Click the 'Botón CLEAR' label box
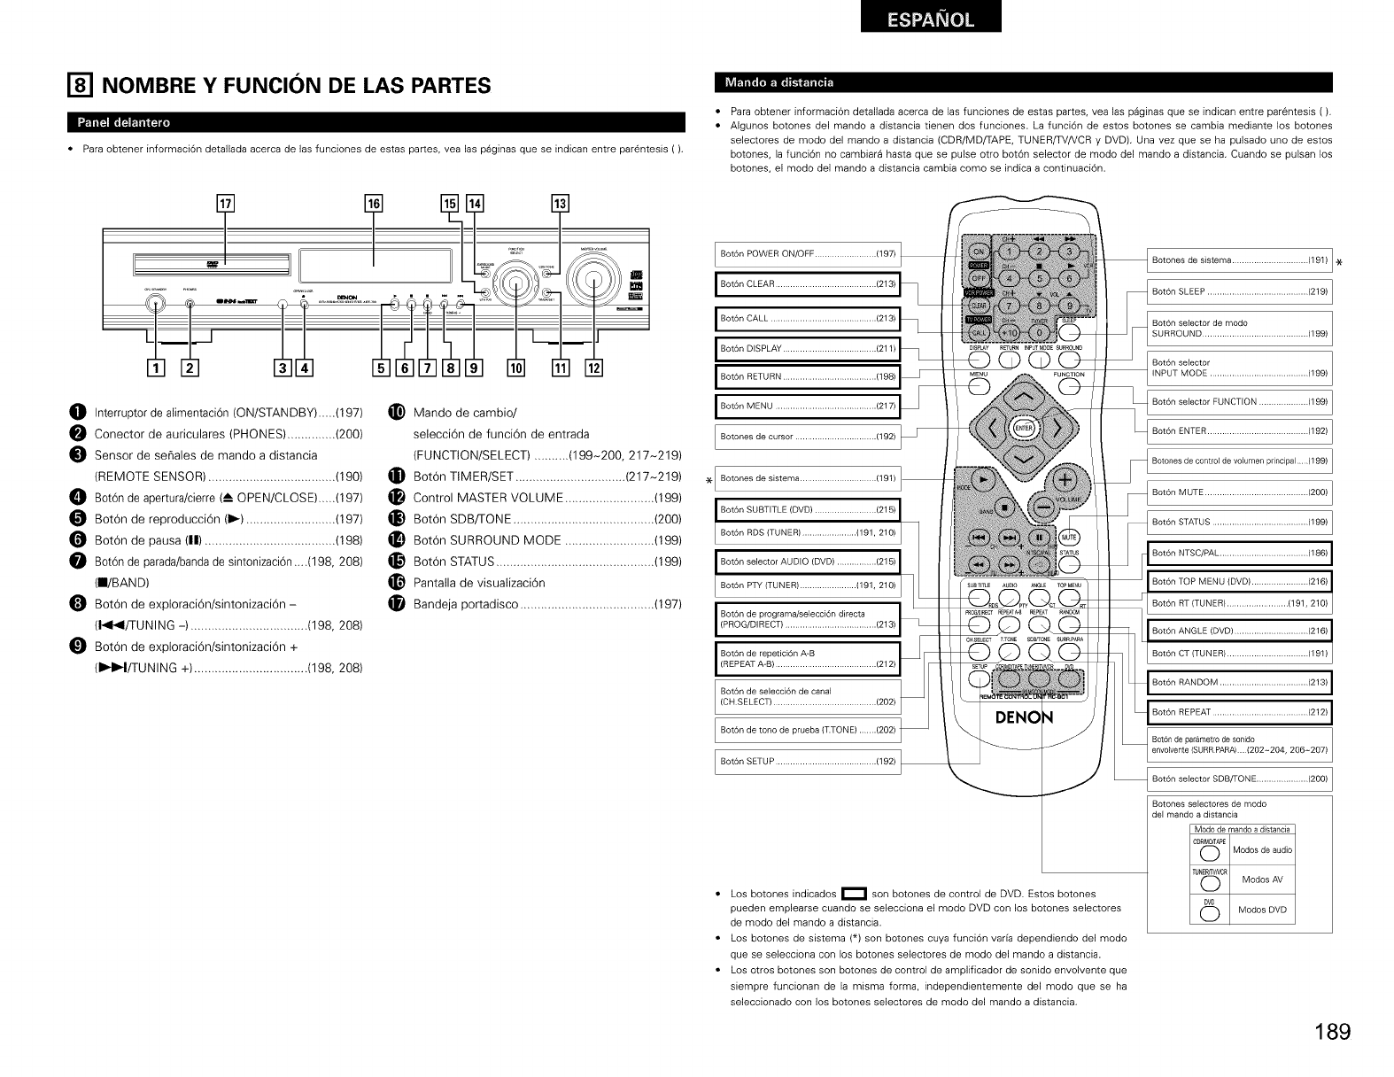click(x=807, y=284)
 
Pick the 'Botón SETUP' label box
click(x=807, y=762)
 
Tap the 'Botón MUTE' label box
click(x=1239, y=492)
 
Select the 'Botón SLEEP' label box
click(x=1239, y=291)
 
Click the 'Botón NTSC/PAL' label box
click(x=1239, y=554)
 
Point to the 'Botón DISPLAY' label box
click(x=807, y=348)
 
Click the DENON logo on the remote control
click(x=1026, y=717)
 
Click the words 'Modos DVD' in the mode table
click(x=1263, y=910)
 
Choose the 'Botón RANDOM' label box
click(x=1239, y=683)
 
